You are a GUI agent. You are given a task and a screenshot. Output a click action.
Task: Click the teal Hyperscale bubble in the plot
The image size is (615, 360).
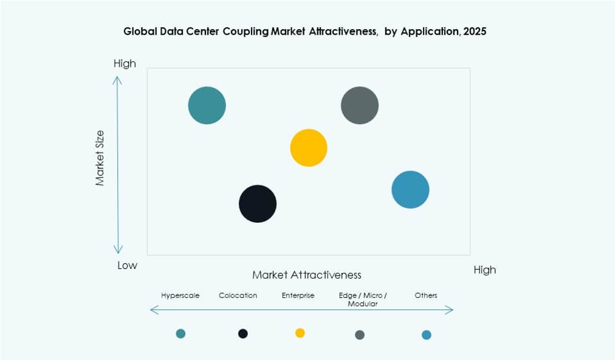(207, 105)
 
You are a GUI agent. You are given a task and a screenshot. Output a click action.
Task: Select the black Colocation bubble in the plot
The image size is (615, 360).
(258, 204)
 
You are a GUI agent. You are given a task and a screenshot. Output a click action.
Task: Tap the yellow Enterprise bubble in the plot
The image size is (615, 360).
(309, 148)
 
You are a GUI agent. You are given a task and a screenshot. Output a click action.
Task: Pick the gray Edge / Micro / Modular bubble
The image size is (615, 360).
(360, 105)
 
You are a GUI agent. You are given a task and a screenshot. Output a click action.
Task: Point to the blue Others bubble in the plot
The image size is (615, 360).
(410, 190)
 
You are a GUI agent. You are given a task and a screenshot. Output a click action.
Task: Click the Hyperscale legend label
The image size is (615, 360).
(180, 296)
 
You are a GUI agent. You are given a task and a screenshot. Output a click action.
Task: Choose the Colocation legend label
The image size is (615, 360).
(238, 296)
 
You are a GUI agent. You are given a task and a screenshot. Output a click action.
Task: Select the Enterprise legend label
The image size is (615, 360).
(298, 296)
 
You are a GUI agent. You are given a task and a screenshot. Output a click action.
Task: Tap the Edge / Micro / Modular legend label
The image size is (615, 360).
(363, 299)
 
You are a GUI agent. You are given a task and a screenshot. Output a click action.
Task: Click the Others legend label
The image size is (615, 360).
(425, 296)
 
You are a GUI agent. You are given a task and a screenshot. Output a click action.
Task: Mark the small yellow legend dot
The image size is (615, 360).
(300, 333)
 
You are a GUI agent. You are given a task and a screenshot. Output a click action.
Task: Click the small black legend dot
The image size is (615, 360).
(242, 333)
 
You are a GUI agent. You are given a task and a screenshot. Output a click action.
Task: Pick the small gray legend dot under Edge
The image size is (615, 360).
(360, 334)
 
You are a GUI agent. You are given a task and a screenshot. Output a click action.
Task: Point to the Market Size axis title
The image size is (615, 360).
(100, 158)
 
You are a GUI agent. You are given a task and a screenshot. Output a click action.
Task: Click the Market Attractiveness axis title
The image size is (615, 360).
(307, 275)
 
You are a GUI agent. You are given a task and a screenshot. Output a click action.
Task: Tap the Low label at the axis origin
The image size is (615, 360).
(127, 265)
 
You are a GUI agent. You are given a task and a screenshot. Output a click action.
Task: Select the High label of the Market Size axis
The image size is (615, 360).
(125, 64)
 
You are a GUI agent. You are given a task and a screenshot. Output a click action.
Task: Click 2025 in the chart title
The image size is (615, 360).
(474, 32)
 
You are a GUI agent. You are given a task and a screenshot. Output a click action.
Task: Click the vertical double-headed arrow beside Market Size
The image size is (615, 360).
(118, 164)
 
